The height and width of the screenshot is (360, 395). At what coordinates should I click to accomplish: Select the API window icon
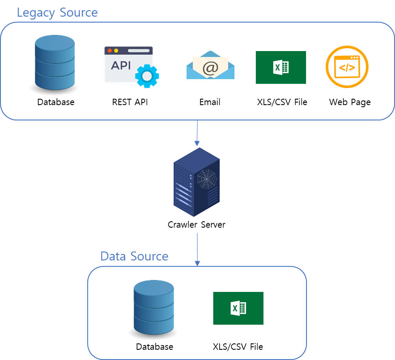[128, 64]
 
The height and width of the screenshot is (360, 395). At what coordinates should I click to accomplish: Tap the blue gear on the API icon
[147, 76]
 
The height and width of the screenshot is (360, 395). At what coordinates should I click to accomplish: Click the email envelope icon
[210, 65]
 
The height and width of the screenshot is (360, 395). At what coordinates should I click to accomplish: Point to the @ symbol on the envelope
[210, 67]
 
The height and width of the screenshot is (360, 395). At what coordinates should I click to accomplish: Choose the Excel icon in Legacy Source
[281, 67]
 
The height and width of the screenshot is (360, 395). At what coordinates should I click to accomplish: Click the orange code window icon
[347, 67]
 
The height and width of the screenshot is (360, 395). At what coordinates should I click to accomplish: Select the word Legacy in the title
[36, 12]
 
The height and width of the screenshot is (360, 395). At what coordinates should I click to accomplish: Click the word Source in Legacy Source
[79, 12]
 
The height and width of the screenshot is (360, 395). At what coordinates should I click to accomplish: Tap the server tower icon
[197, 182]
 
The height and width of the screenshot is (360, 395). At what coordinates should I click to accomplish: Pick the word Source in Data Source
[150, 256]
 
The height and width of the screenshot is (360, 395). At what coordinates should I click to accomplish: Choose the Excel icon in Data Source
[238, 308]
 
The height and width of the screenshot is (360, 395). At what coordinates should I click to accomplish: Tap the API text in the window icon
[121, 66]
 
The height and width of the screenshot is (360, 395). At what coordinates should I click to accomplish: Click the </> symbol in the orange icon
[346, 67]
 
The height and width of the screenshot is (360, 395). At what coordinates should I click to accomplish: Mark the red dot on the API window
[110, 51]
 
